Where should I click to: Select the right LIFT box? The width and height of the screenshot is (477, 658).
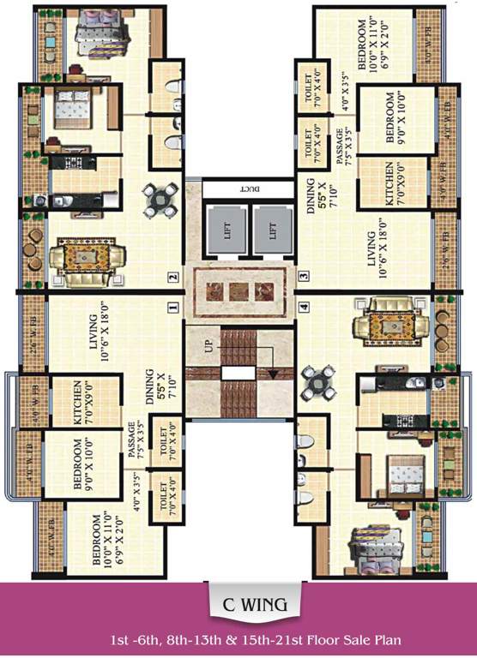pos(271,230)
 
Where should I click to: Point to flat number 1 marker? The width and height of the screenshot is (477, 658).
pos(172,306)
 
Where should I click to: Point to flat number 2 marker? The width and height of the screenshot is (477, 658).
pos(172,277)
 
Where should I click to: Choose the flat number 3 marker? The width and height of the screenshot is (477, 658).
pos(304,277)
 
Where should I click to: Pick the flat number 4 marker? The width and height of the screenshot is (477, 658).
pos(304,306)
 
